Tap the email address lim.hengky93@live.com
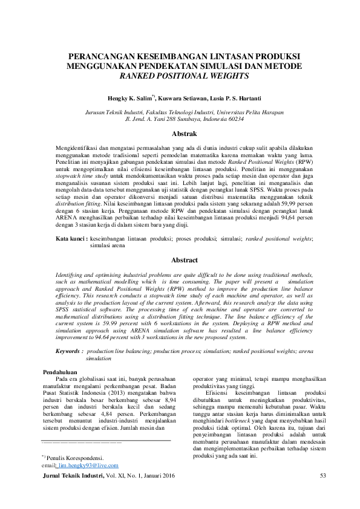pyautogui.click(x=88, y=465)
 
